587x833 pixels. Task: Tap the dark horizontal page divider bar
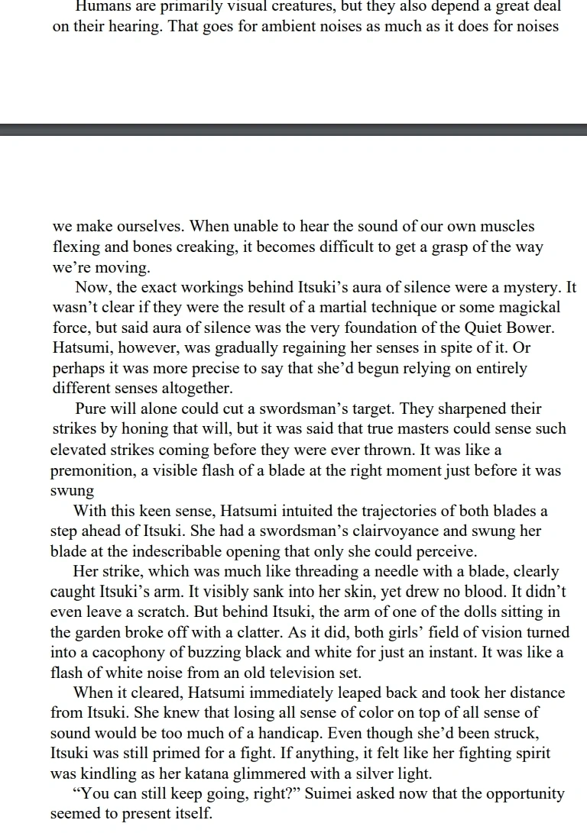pyautogui.click(x=293, y=130)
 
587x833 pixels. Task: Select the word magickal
pyautogui.click(x=527, y=308)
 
